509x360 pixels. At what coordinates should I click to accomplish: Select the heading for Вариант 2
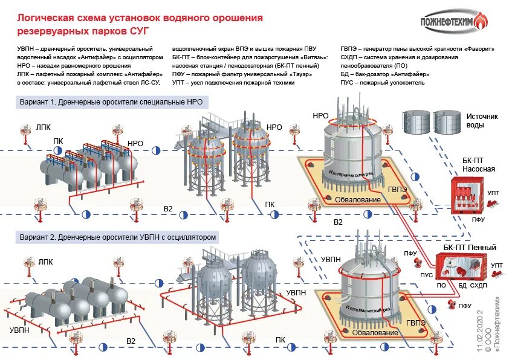117,237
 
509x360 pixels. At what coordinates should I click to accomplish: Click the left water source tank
417,122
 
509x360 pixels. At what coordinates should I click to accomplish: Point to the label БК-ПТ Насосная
478,165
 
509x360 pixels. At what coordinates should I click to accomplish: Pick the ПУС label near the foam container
426,275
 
